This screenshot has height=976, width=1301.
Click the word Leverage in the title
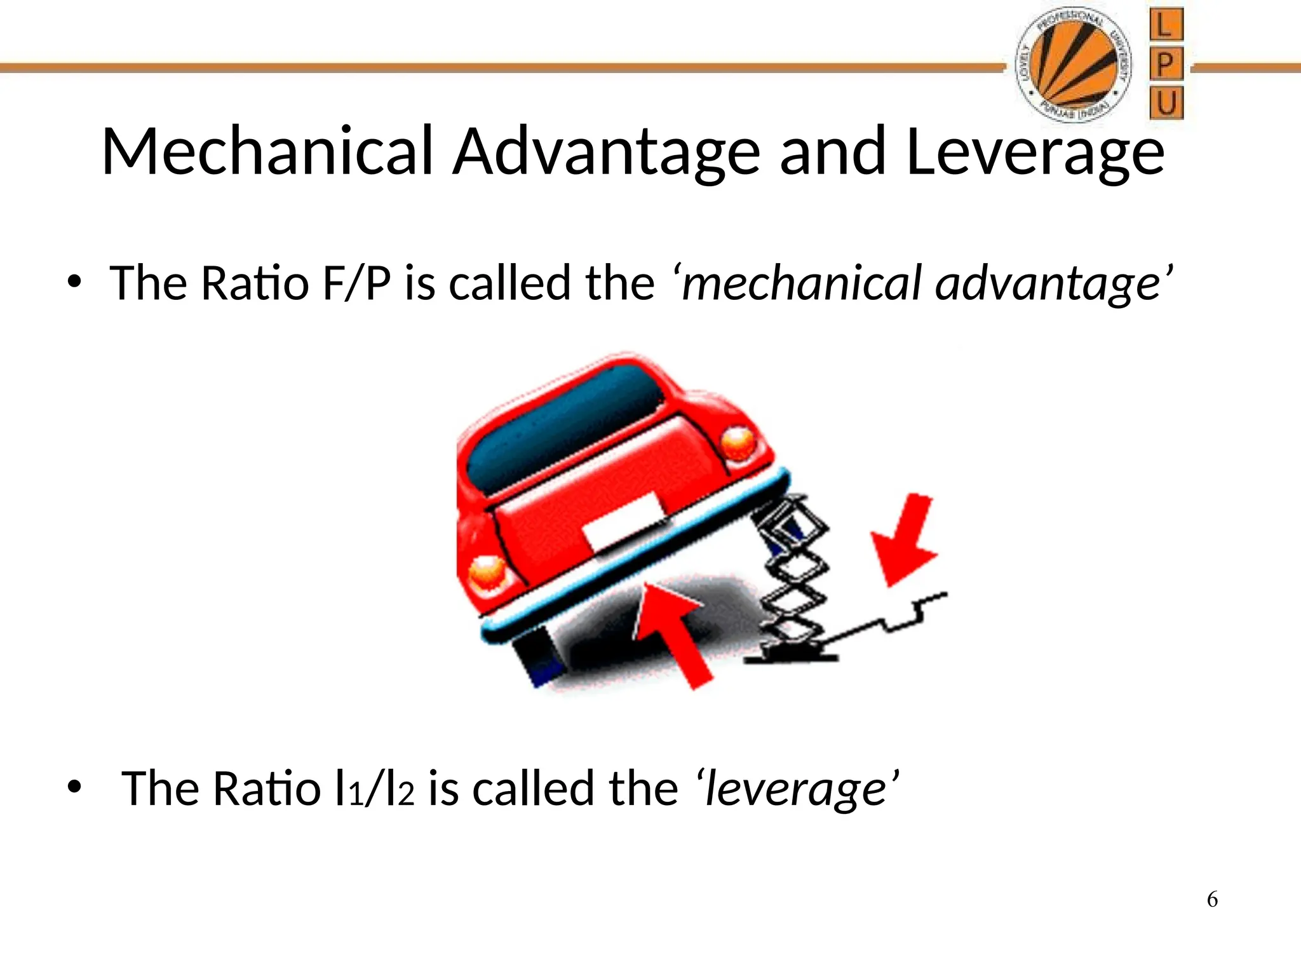tap(1035, 152)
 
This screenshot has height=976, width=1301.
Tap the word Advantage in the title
tap(606, 152)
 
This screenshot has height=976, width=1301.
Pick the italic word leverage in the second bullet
tap(797, 789)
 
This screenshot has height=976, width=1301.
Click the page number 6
tap(1212, 900)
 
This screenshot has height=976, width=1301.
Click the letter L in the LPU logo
tap(1166, 25)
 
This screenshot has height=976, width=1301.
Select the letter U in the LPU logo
tap(1166, 103)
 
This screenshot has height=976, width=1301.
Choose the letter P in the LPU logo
tap(1166, 64)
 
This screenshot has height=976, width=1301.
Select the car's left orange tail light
tap(488, 571)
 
